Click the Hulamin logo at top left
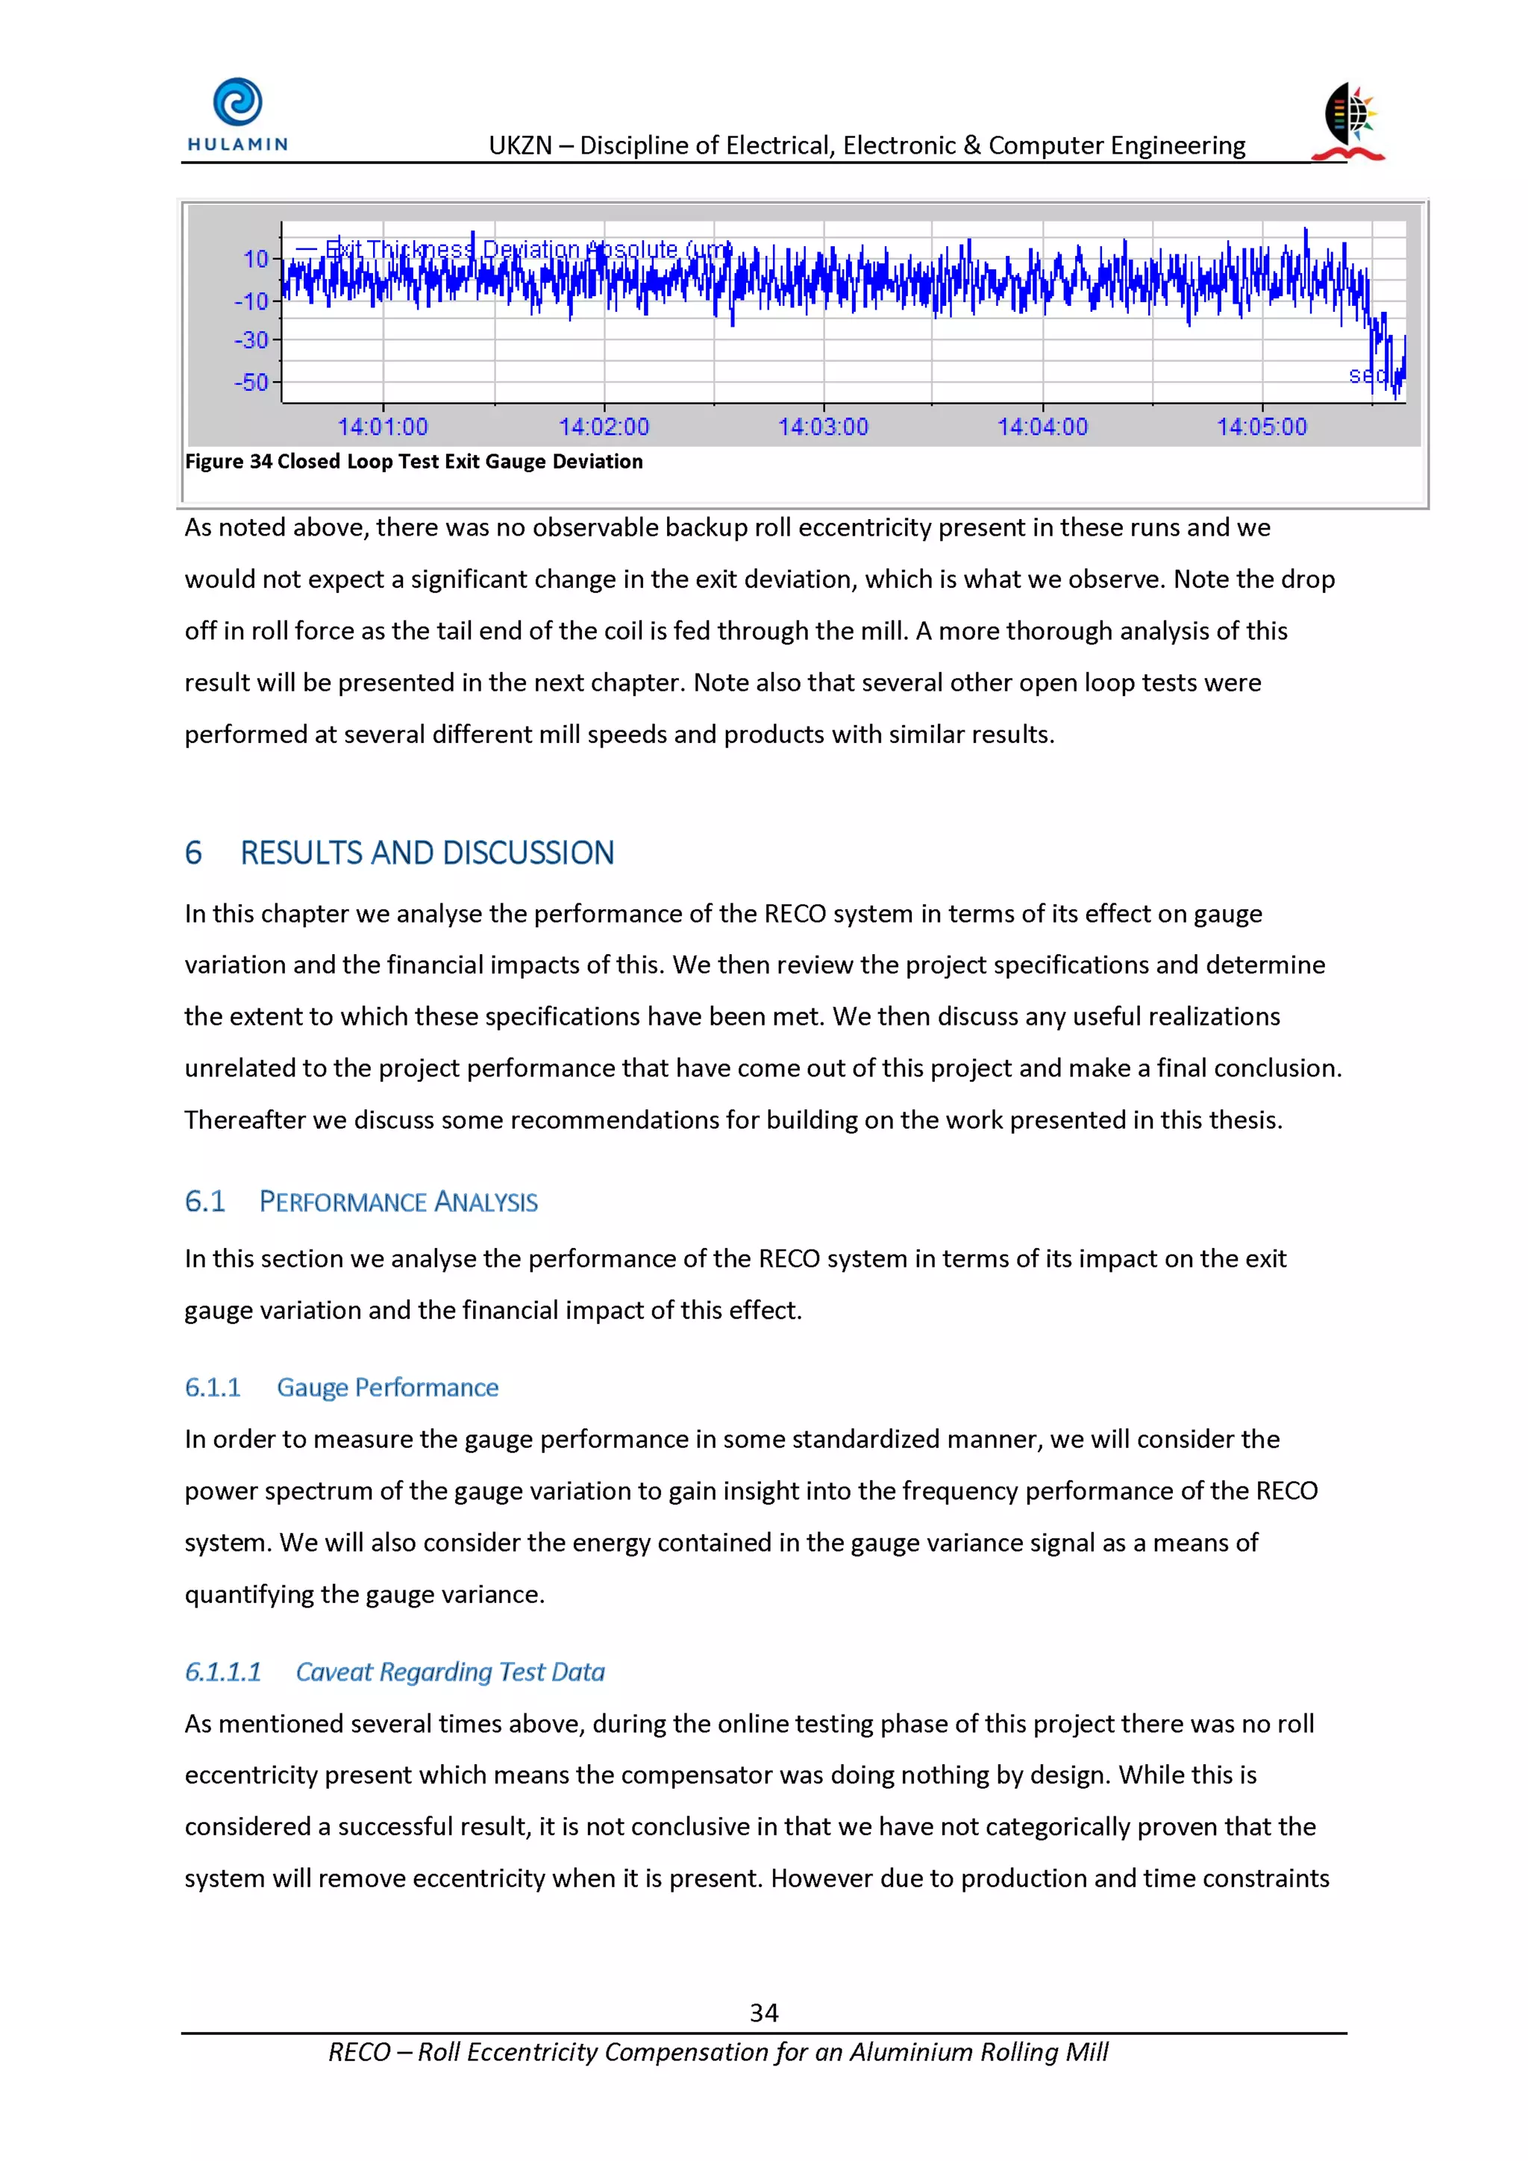pyautogui.click(x=237, y=115)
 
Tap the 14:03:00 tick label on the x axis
pyautogui.click(x=823, y=427)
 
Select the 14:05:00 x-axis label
pyautogui.click(x=1262, y=427)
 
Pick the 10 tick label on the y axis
pyautogui.click(x=255, y=259)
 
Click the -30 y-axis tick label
pyautogui.click(x=251, y=339)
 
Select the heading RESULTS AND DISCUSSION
pyautogui.click(x=427, y=853)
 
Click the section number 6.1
pyautogui.click(x=204, y=1202)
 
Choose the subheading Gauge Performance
pyautogui.click(x=387, y=1387)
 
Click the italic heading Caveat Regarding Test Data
pyautogui.click(x=450, y=1672)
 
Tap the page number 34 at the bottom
pyautogui.click(x=763, y=2013)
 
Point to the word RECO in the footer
pyautogui.click(x=359, y=2053)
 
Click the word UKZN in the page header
pyautogui.click(x=520, y=146)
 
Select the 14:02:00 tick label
pyautogui.click(x=604, y=427)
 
